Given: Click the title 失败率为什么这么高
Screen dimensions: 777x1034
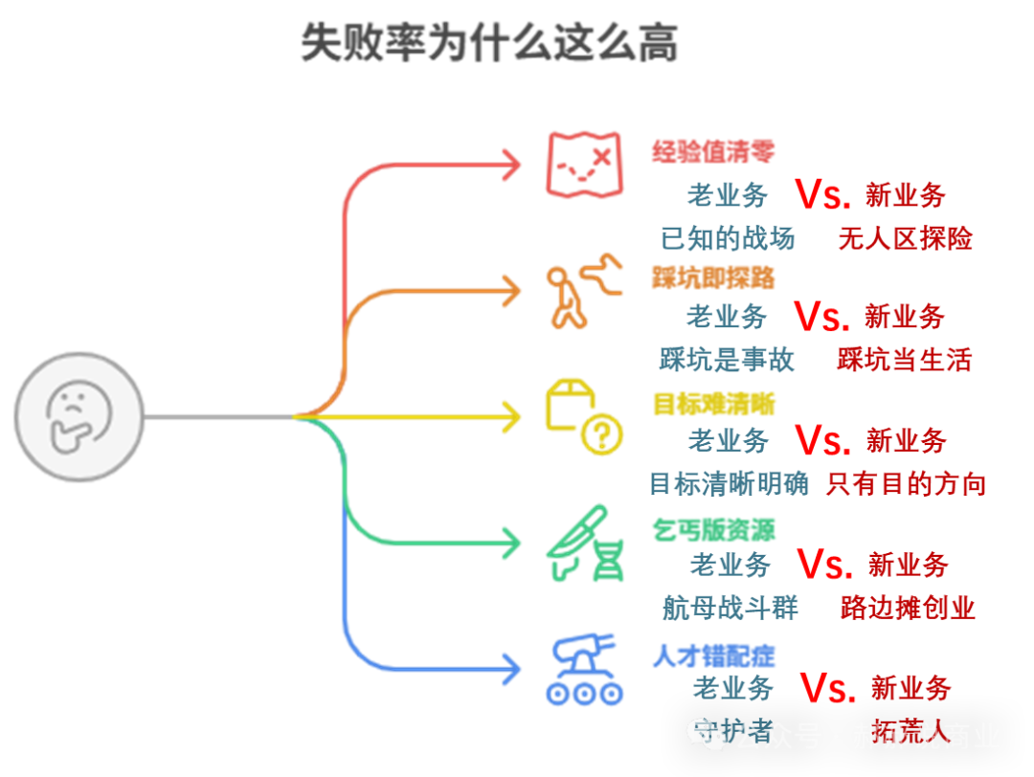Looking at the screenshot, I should [x=489, y=43].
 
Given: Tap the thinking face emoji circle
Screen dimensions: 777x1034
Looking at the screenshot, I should [x=79, y=416].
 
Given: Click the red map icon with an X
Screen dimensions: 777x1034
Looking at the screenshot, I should [x=584, y=164].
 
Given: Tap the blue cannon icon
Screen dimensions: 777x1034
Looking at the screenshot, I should [x=584, y=670].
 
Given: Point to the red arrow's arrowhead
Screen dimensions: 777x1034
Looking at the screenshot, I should [x=513, y=165].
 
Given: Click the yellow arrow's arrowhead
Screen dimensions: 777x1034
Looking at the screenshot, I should [x=513, y=416].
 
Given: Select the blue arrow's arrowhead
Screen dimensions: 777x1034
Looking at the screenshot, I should [x=513, y=667].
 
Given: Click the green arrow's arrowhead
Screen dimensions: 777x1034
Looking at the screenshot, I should [x=513, y=544].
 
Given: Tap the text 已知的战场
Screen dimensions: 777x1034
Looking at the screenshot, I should [x=729, y=237].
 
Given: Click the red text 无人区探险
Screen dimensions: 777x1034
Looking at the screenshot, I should [x=905, y=237].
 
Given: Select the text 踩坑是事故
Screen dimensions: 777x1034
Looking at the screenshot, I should [x=727, y=360].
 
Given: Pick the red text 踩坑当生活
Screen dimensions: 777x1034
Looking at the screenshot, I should [x=904, y=360].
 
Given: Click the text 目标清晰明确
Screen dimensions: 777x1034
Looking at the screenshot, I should [x=729, y=484].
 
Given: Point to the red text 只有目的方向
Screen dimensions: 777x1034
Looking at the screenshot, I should [x=906, y=484].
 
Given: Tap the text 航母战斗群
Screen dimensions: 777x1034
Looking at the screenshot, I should [x=730, y=607].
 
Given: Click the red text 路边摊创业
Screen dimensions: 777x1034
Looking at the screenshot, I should [x=908, y=607].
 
